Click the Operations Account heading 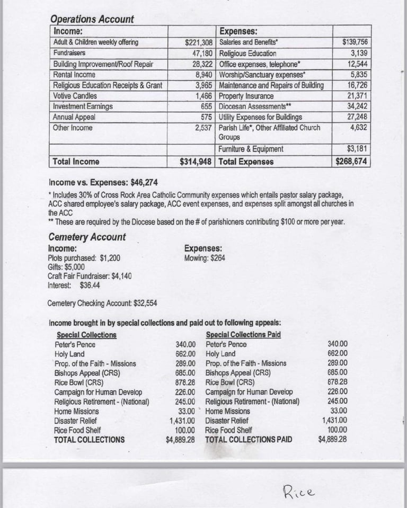[x=92, y=19]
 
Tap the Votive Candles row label [x=75, y=96]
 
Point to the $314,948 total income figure [x=197, y=162]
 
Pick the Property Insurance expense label [x=246, y=96]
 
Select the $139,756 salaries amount [x=355, y=42]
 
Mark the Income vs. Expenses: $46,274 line [x=103, y=183]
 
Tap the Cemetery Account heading [x=87, y=237]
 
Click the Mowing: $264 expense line [x=205, y=258]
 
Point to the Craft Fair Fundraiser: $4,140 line [x=90, y=276]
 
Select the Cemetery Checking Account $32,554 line [x=102, y=304]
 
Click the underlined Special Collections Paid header [x=243, y=335]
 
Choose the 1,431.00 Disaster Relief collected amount [x=181, y=421]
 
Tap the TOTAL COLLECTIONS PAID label [x=249, y=440]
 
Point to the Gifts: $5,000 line [x=66, y=267]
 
